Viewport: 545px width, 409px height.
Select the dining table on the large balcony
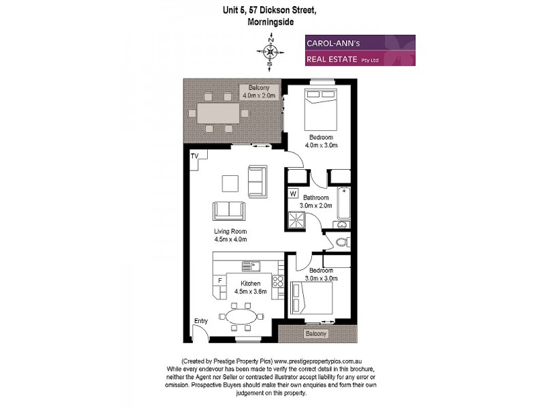[x=218, y=112]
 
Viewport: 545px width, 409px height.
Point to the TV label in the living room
[x=195, y=156]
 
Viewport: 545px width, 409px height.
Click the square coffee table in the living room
[x=230, y=185]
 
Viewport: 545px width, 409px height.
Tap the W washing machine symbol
[x=293, y=194]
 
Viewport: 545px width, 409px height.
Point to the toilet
[x=342, y=241]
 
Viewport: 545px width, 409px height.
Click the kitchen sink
[x=251, y=265]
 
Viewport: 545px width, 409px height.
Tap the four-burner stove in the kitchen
[x=277, y=283]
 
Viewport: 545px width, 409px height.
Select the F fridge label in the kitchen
[x=219, y=281]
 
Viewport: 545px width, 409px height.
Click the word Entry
[x=201, y=321]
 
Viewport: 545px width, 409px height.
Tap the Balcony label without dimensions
[x=316, y=334]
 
